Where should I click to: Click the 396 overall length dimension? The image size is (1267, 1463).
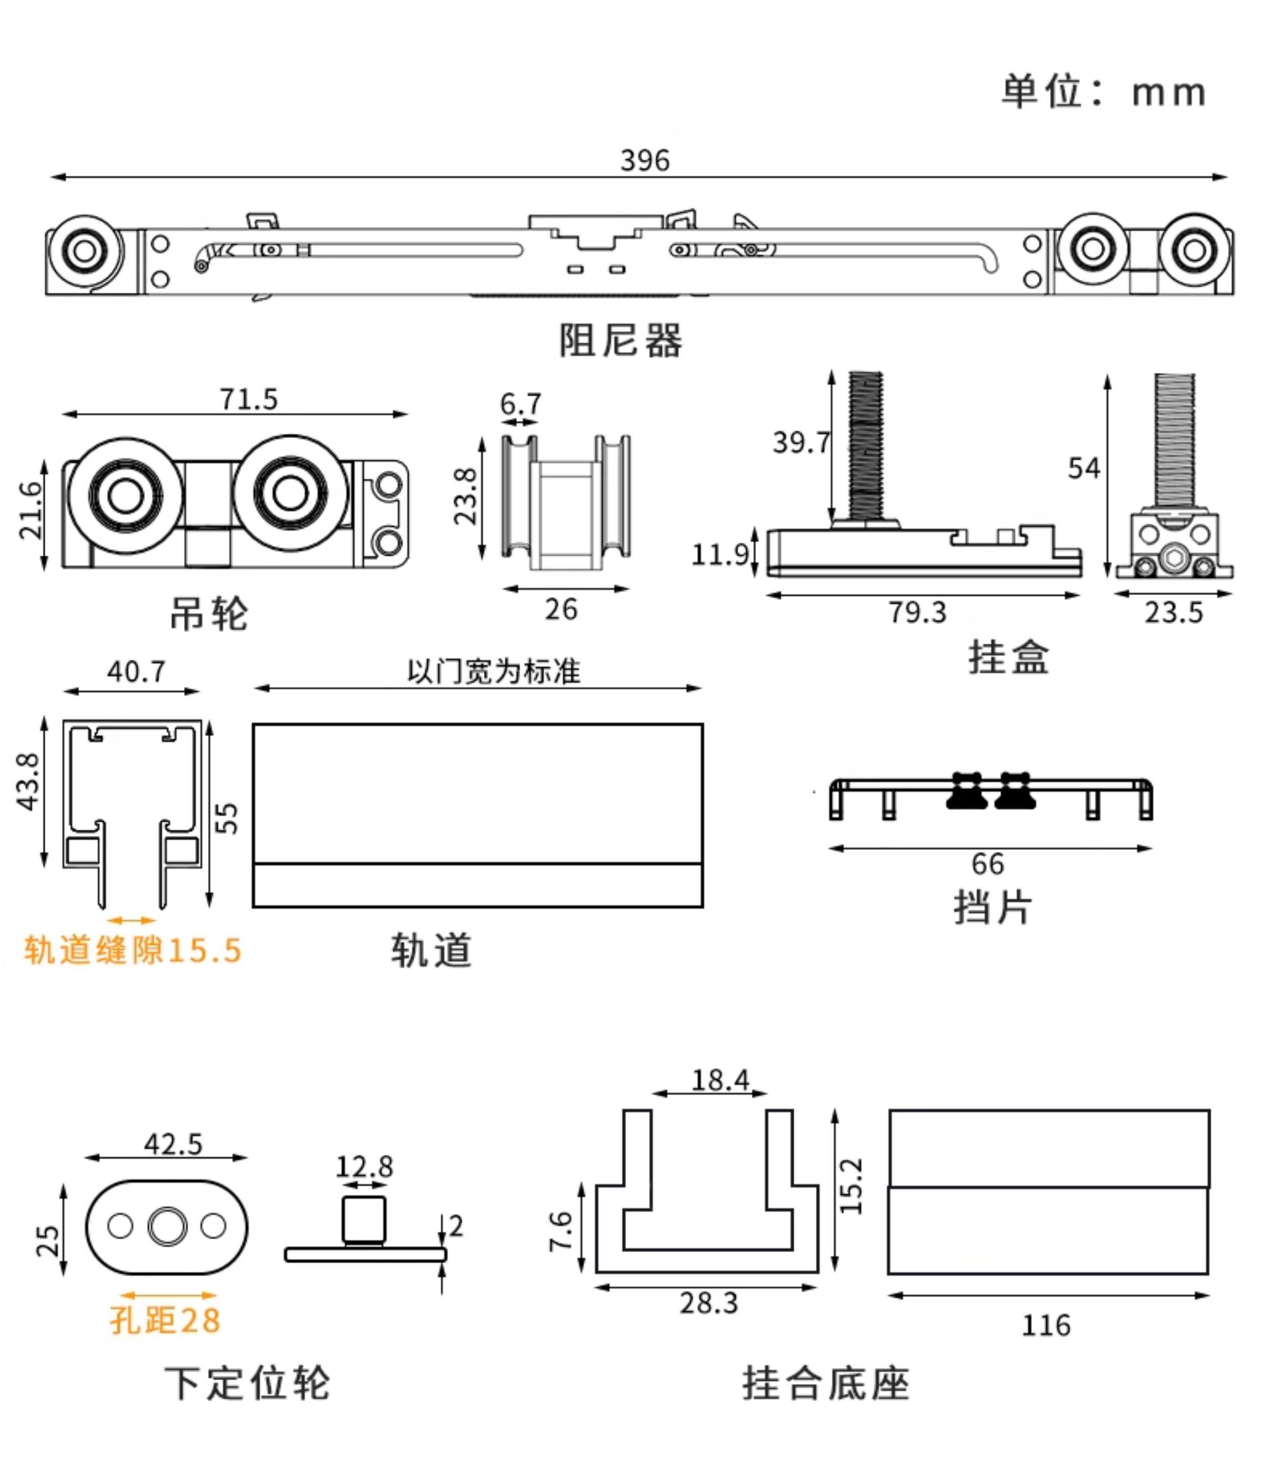[x=644, y=161]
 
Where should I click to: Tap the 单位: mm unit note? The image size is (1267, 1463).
[x=1103, y=92]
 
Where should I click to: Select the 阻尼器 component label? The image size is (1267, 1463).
[x=620, y=341]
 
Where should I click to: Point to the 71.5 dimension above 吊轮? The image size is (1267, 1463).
[x=249, y=399]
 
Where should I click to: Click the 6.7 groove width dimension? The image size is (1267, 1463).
[x=521, y=404]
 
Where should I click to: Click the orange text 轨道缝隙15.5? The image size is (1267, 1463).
[x=133, y=951]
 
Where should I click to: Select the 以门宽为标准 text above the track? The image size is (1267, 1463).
[x=494, y=671]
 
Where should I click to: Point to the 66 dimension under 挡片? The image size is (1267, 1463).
[x=988, y=864]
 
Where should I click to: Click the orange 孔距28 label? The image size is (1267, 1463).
[x=166, y=1320]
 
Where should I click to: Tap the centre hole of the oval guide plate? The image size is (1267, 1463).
[x=168, y=1226]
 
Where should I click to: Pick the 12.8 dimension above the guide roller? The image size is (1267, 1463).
[x=364, y=1167]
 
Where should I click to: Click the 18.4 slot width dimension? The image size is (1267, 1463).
[x=720, y=1080]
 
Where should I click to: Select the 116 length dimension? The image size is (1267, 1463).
[x=1046, y=1325]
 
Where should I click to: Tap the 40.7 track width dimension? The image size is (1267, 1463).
[x=136, y=671]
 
